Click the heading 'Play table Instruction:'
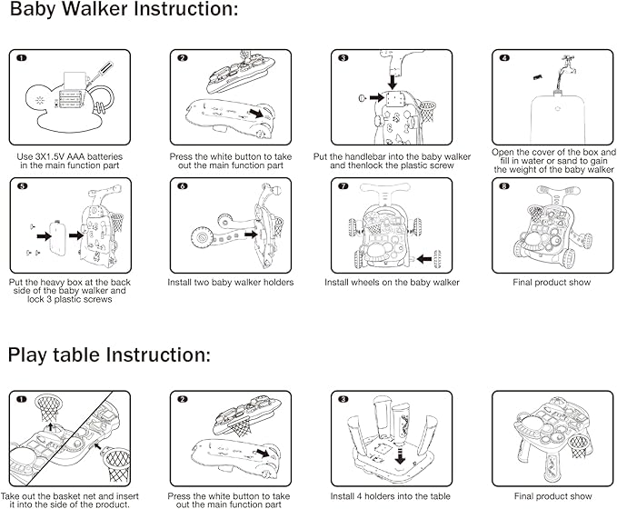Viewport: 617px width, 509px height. coord(110,354)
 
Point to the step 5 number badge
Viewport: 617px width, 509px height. coord(21,187)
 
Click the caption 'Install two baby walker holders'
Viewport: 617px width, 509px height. coord(231,283)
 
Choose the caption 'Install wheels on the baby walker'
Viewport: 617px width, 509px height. coord(392,283)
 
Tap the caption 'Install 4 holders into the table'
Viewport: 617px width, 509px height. coord(392,496)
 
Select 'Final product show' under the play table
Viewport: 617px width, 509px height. coord(552,496)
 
